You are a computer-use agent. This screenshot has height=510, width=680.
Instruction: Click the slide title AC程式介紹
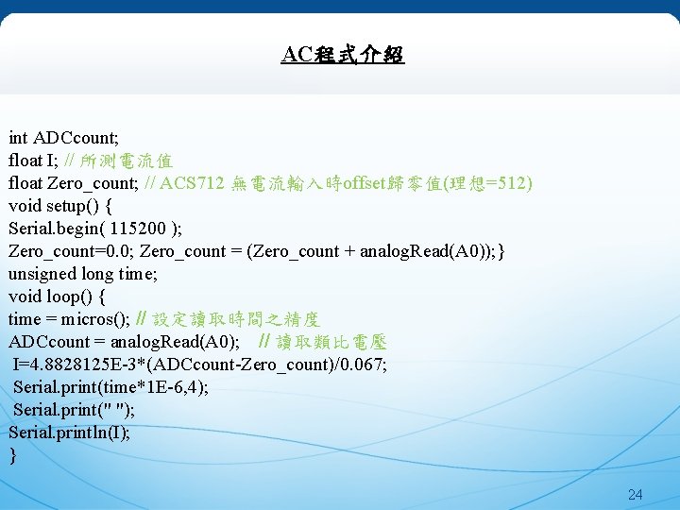pyautogui.click(x=342, y=55)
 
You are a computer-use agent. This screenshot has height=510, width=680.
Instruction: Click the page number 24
pyautogui.click(x=635, y=494)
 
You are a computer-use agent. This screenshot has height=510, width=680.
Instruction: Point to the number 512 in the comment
pyautogui.click(x=512, y=182)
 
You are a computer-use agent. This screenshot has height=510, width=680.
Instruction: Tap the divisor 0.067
pyautogui.click(x=363, y=365)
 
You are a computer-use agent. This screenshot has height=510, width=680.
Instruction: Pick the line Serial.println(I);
pyautogui.click(x=69, y=433)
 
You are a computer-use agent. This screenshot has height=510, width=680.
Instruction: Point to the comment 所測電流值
pyautogui.click(x=126, y=161)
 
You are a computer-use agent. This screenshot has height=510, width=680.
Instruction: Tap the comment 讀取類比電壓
pyautogui.click(x=331, y=342)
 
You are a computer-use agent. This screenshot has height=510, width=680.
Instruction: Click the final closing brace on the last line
pyautogui.click(x=12, y=455)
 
